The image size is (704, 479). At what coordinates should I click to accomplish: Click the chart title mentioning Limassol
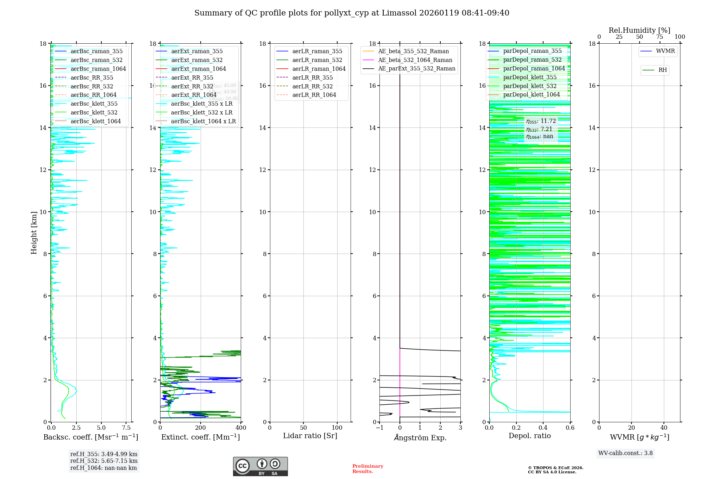click(x=352, y=13)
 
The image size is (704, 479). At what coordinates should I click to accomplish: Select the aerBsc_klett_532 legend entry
click(x=94, y=113)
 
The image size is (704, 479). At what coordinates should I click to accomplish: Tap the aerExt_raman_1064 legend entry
click(x=199, y=69)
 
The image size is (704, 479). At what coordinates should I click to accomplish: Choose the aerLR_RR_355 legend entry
click(x=312, y=77)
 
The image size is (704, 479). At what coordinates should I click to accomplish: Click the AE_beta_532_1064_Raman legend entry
click(x=415, y=60)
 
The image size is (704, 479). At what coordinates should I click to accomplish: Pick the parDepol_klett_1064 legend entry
click(x=531, y=95)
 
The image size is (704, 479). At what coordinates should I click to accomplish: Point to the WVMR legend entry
click(x=665, y=51)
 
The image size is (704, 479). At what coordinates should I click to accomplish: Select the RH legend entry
click(x=662, y=70)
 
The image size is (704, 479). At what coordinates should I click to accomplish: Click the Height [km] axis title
click(x=34, y=233)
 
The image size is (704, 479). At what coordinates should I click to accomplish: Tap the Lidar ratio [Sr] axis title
click(x=310, y=436)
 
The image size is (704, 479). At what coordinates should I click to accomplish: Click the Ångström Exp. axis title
click(x=420, y=438)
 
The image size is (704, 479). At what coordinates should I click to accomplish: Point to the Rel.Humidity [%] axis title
click(x=639, y=30)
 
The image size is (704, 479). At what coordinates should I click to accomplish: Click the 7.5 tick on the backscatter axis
click(x=126, y=428)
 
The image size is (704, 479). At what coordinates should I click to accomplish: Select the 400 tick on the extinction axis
click(x=241, y=428)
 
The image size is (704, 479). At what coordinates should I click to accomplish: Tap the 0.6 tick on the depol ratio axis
click(x=570, y=428)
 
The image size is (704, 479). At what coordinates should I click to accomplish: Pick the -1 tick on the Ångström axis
click(x=379, y=428)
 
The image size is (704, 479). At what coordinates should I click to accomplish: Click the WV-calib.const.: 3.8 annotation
click(x=626, y=453)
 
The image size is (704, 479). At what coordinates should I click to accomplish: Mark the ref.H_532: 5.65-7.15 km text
click(x=104, y=461)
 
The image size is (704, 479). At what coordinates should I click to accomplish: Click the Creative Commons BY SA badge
click(x=260, y=466)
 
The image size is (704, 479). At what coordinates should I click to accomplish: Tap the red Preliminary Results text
click(x=367, y=469)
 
